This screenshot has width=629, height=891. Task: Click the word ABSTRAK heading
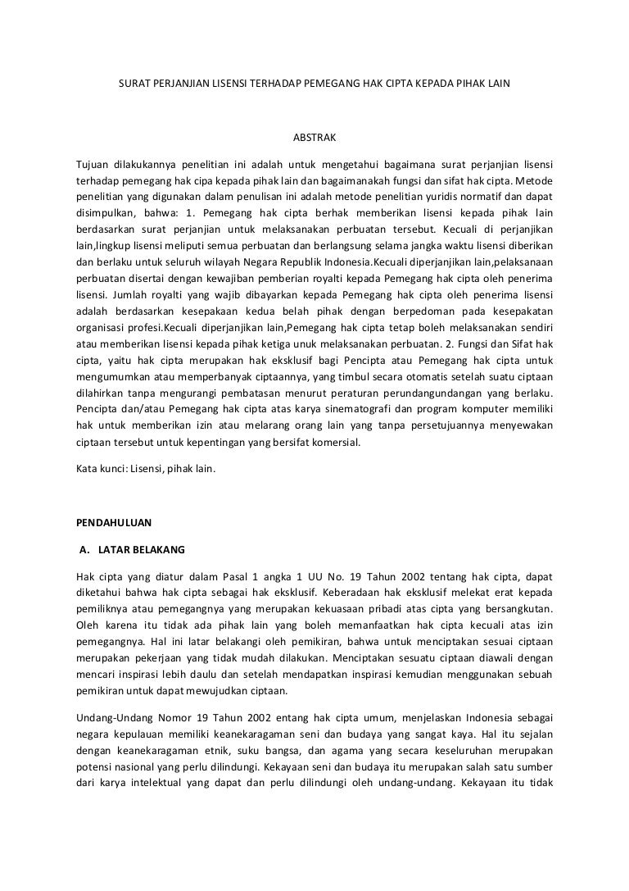[x=314, y=135]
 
